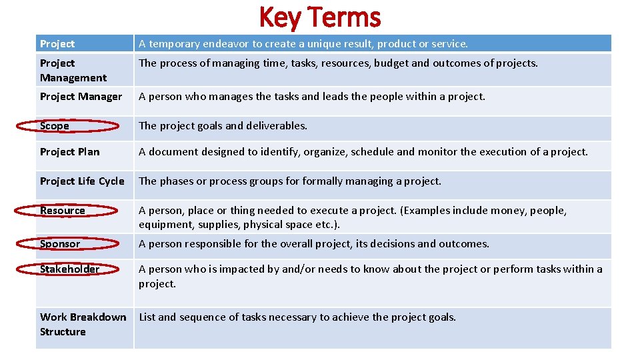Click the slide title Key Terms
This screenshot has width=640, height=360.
(319, 17)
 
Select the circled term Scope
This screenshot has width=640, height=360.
(55, 126)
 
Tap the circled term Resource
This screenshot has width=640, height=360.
(63, 211)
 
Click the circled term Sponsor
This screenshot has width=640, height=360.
(60, 244)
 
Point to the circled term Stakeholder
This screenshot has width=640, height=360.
(69, 269)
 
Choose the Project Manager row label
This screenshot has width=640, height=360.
(81, 97)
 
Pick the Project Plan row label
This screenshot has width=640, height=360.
(69, 152)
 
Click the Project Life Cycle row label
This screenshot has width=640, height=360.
(82, 181)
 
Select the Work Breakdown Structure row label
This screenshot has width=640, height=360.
(83, 324)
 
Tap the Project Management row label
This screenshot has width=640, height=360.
(73, 70)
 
